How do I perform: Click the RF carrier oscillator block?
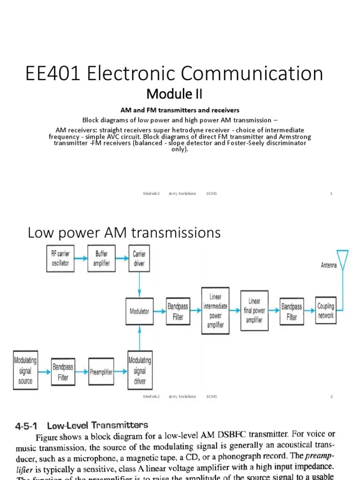pos(60,258)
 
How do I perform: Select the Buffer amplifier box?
pos(102,258)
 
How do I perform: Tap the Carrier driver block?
pos(139,258)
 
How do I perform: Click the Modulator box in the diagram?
pos(139,311)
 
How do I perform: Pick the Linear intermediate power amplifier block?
pos(215,311)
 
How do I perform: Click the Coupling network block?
pos(326,311)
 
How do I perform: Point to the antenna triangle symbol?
pos(343,259)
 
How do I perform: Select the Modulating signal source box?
pos(25,372)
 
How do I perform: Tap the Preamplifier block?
pos(101,372)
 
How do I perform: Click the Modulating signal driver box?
pos(139,371)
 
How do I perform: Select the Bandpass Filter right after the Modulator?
pos(178,311)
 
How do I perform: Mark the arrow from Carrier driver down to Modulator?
pos(139,284)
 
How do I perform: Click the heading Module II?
pos(174,94)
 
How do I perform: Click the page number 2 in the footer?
pos(331,396)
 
